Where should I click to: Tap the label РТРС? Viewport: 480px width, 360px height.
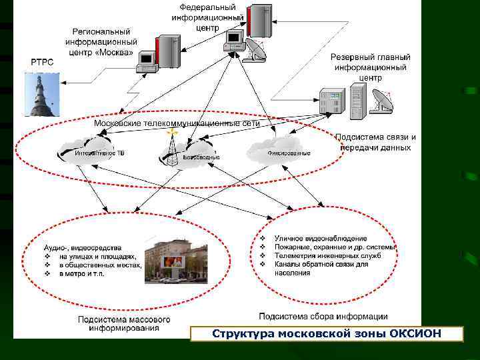39,62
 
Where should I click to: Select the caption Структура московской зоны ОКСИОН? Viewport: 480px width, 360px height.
326,333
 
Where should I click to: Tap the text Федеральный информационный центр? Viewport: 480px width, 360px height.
207,18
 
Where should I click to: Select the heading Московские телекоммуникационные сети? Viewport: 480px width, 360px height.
177,123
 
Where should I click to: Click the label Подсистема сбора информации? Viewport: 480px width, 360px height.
323,316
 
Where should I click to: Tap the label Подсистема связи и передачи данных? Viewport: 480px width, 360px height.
375,142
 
